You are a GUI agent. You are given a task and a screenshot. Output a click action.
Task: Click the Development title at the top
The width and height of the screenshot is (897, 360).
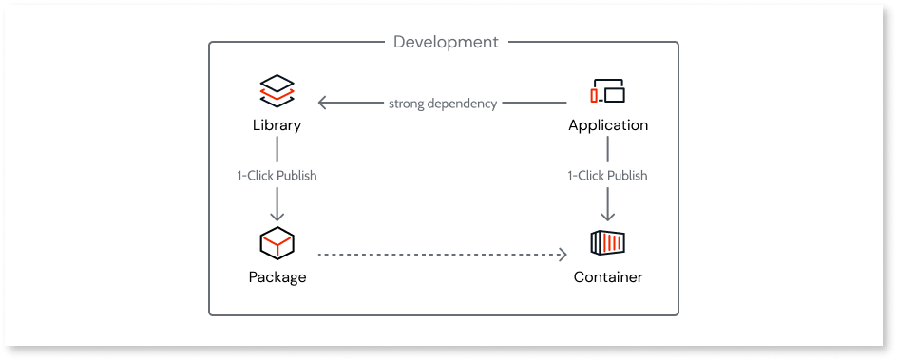click(445, 42)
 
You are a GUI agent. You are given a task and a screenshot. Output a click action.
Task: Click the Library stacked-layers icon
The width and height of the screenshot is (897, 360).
click(277, 91)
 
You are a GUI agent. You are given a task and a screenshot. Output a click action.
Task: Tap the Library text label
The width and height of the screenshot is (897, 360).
click(277, 125)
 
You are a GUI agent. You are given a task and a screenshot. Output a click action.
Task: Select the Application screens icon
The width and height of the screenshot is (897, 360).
click(608, 91)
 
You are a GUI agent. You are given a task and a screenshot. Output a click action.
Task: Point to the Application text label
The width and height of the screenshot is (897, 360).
click(608, 125)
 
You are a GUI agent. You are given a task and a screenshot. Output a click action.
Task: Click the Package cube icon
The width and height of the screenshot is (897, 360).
click(277, 243)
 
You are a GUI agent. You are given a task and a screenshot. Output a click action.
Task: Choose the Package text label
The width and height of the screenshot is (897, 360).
click(277, 277)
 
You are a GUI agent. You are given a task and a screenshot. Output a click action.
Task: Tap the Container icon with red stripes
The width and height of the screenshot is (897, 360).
click(608, 243)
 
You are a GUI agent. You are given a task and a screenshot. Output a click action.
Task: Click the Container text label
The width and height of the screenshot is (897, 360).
click(608, 277)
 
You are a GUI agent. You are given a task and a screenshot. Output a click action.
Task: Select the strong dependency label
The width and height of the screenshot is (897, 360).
click(442, 104)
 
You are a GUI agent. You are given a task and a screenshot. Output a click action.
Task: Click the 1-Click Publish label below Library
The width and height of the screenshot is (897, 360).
click(277, 176)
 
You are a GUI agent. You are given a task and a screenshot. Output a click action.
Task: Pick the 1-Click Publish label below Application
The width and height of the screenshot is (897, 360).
click(608, 176)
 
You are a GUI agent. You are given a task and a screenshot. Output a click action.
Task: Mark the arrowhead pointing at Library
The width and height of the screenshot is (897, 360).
click(323, 103)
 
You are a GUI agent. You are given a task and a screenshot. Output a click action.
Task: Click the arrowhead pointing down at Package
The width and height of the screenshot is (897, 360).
click(277, 217)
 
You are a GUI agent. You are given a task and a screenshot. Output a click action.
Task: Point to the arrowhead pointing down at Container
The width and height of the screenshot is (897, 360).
click(608, 217)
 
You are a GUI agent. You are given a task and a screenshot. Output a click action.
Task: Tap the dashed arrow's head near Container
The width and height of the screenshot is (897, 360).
click(562, 255)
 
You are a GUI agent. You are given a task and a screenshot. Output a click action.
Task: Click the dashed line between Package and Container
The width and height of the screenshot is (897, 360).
click(437, 255)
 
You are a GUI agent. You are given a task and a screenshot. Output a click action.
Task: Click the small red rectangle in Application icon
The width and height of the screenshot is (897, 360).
click(595, 96)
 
